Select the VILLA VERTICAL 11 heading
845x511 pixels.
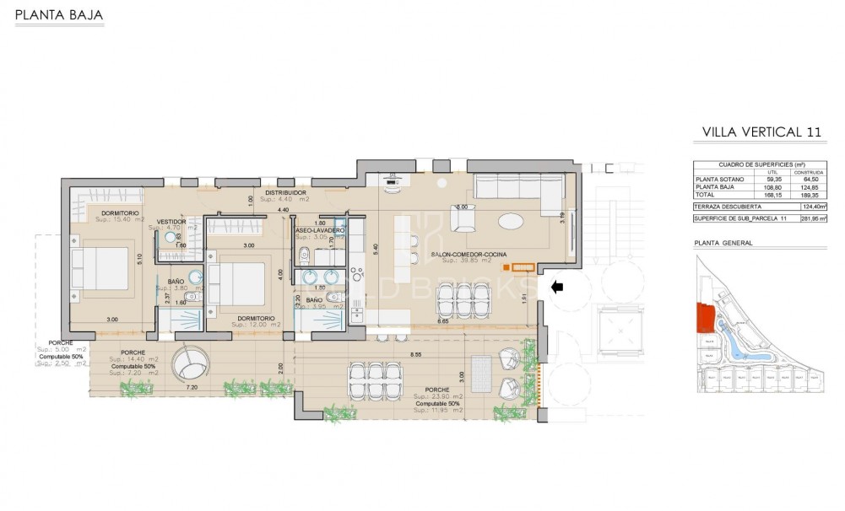click(x=761, y=132)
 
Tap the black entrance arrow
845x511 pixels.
click(x=557, y=288)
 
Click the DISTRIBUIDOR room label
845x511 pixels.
click(x=285, y=193)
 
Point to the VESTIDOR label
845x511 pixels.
click(x=171, y=220)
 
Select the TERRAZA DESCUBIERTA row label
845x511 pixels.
click(x=727, y=206)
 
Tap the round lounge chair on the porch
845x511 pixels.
click(x=189, y=365)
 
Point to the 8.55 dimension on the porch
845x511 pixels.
click(x=415, y=355)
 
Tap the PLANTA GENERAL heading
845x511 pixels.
click(x=723, y=243)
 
